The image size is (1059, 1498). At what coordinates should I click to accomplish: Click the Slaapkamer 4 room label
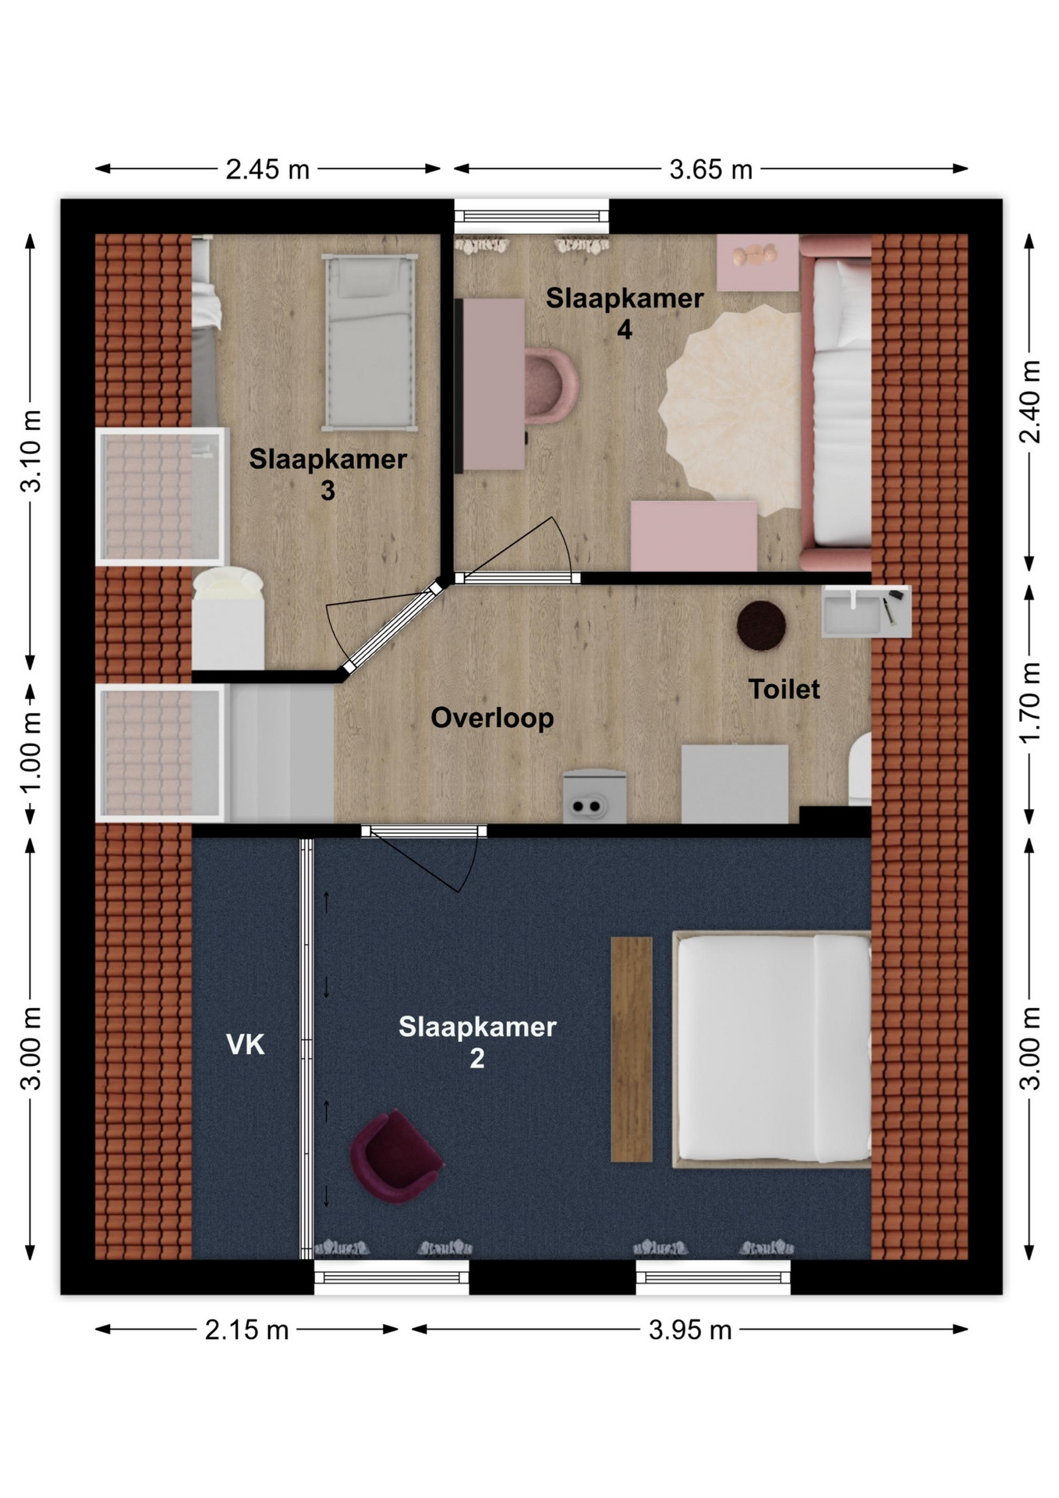tap(625, 314)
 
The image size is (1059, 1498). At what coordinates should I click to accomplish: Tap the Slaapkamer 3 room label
tap(328, 474)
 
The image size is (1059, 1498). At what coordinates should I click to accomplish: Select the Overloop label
tap(492, 718)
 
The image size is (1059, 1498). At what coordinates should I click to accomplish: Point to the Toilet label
tap(784, 689)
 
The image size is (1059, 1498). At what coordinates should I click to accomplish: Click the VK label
tap(245, 1044)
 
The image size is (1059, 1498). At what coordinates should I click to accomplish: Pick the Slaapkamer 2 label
tap(477, 1042)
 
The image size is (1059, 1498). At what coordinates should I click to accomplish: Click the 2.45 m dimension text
tap(267, 169)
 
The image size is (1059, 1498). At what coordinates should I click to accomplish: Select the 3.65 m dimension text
tap(710, 169)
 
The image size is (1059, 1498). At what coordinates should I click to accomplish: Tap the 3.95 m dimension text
tap(690, 1329)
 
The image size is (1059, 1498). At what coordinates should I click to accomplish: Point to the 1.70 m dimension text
tap(1031, 702)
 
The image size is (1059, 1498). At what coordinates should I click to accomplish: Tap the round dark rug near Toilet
tap(761, 626)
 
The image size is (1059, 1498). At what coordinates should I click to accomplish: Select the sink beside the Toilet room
tap(866, 612)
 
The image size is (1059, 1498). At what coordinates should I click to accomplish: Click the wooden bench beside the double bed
tap(632, 1049)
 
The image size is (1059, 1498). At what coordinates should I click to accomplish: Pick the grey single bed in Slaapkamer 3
tap(370, 343)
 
